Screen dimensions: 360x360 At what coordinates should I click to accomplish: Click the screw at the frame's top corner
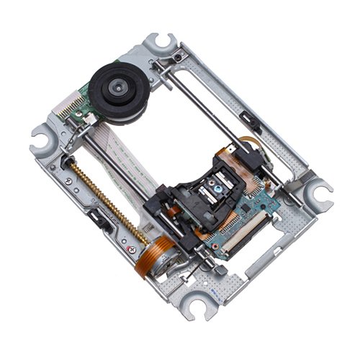[176, 56]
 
